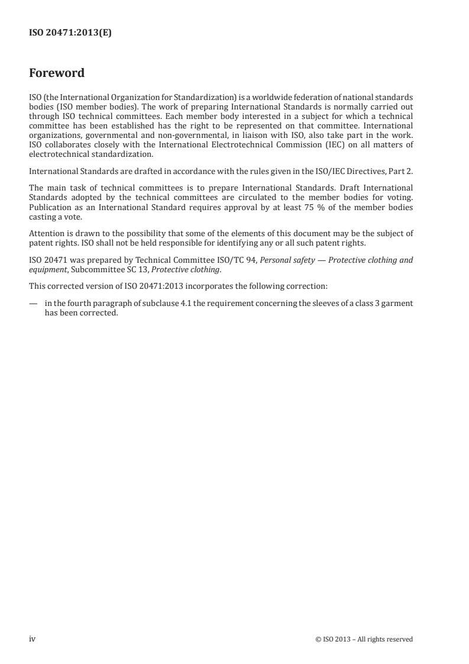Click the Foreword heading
coord(57,73)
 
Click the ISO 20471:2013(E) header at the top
coord(70,34)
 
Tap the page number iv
coord(33,639)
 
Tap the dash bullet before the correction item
coord(33,304)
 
